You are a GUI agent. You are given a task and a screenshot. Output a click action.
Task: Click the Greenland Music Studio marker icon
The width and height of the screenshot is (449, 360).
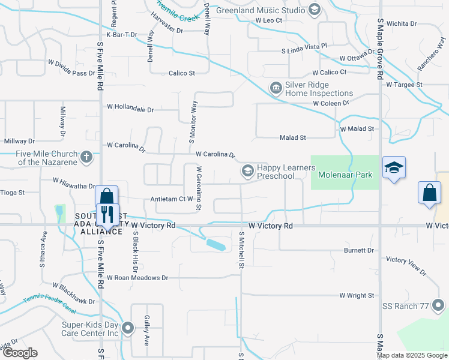314,10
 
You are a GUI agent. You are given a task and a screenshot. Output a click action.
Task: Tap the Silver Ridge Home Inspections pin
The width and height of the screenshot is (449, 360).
276,89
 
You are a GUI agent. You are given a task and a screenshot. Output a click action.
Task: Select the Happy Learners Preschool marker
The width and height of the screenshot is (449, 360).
247,172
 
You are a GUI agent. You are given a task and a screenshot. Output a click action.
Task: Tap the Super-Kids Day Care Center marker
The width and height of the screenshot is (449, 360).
128,328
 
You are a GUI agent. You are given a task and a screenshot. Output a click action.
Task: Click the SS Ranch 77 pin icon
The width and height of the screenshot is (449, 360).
438,307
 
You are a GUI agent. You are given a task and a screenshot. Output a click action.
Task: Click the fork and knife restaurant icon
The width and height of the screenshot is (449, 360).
107,213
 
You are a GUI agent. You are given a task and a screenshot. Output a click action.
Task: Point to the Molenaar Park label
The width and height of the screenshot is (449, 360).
345,175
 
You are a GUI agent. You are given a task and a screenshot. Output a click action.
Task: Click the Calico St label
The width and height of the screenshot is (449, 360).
181,73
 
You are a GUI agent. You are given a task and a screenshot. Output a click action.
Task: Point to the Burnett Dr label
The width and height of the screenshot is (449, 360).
358,250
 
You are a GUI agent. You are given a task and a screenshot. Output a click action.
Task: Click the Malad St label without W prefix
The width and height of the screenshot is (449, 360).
293,137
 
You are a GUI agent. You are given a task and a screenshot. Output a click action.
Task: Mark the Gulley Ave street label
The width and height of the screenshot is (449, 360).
146,332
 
